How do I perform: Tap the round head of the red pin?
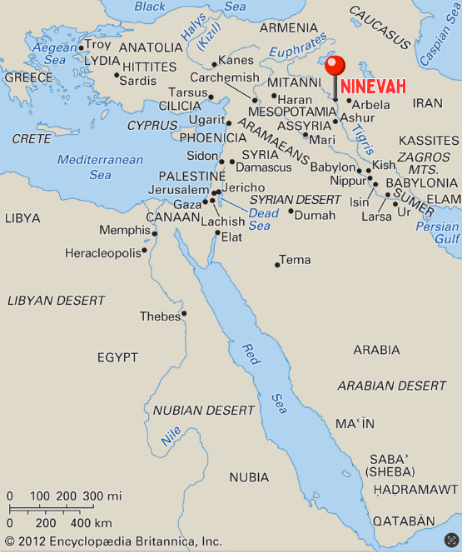tap(335, 66)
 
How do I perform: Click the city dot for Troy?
tap(81, 47)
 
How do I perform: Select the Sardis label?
tap(138, 81)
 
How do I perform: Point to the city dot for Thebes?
tap(184, 314)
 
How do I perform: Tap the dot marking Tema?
tap(277, 265)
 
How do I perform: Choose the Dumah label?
tap(315, 214)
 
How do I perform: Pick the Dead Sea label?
tap(260, 218)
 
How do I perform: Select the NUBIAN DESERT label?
tap(204, 411)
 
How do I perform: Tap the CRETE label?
tap(32, 139)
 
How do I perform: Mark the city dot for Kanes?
tap(214, 63)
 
